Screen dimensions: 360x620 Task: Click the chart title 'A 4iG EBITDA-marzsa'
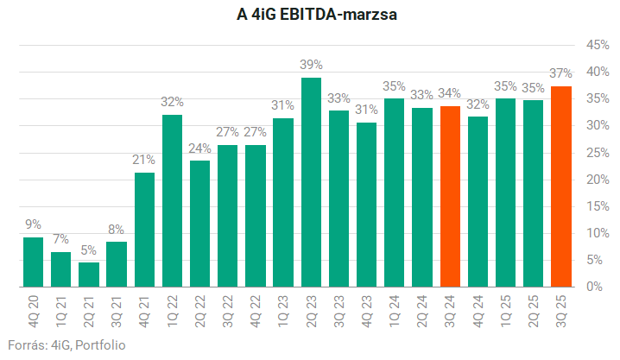[310, 15]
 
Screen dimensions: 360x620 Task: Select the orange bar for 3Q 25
[561, 186]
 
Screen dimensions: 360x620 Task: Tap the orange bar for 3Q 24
[450, 197]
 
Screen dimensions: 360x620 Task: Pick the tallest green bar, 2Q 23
[311, 182]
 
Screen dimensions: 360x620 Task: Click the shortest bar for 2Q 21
[89, 275]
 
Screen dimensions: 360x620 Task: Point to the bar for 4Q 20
[33, 262]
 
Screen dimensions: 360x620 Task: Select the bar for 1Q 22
[172, 200]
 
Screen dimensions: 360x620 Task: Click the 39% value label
[311, 64]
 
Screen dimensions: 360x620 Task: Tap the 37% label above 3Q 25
[561, 73]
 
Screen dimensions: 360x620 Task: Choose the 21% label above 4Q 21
[144, 160]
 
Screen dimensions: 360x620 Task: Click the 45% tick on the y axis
[598, 44]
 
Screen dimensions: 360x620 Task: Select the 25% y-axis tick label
[598, 152]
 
